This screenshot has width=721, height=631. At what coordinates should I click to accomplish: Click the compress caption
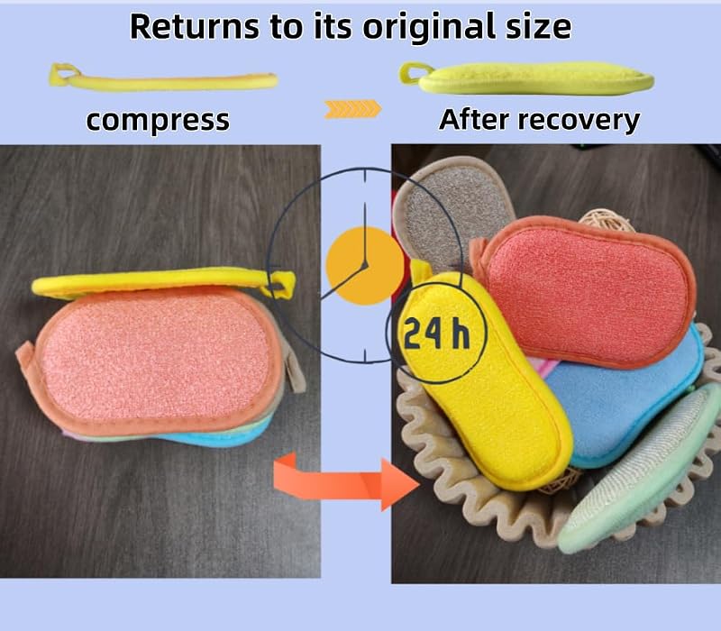[x=158, y=121]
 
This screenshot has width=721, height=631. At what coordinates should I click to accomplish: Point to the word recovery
[x=579, y=121]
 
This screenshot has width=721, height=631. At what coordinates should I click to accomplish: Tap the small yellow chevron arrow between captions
[x=352, y=109]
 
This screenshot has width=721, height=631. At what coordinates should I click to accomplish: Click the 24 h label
[x=436, y=334]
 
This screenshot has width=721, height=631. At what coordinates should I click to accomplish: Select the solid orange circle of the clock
[x=365, y=265]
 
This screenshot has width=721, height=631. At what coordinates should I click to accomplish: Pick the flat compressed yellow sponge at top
[x=163, y=79]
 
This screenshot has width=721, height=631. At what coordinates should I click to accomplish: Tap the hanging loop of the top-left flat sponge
[x=64, y=74]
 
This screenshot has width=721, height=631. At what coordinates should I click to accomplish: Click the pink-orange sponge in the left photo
[x=155, y=359]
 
